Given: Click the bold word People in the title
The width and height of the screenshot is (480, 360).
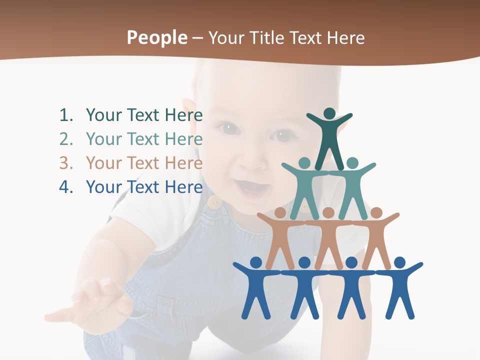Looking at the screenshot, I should click(156, 38).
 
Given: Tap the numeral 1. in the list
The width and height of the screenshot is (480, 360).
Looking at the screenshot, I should click(66, 115).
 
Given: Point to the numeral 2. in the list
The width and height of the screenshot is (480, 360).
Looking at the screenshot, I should click(66, 139).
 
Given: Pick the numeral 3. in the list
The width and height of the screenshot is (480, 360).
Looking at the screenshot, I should click(66, 163).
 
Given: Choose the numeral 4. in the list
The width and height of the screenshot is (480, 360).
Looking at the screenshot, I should click(66, 187).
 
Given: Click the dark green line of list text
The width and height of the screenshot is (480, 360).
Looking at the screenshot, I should click(144, 115).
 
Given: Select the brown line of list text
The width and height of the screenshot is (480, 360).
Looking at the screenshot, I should click(144, 163).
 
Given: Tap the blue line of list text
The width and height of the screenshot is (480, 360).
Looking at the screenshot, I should click(144, 187).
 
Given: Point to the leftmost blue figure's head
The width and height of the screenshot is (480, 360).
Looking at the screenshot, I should click(256, 262).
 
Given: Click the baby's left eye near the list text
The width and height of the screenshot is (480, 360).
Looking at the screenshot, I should click(228, 129).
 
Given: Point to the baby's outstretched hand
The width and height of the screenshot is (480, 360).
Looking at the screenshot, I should click(95, 300).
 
